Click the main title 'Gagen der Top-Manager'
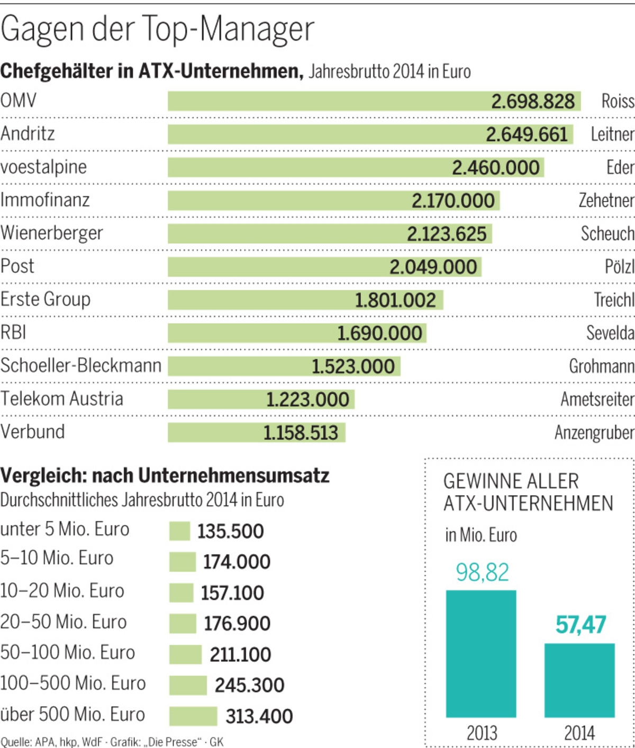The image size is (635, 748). pos(157,30)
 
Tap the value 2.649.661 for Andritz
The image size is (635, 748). pos(527,134)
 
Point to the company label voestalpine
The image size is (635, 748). pos(43,167)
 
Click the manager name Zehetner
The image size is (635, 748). pos(606,200)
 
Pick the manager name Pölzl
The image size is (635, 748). pos(619,267)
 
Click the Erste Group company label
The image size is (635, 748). pos(46,299)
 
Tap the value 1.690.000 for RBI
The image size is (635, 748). pos(379,333)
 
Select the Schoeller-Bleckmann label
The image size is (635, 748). pos(80,366)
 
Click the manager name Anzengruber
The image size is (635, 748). pos(594,433)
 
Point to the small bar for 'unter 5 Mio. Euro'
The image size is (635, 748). pos(179,531)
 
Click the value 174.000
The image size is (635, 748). pos(237,562)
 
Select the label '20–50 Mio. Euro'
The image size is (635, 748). pos(63,622)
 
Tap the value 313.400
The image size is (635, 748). pos(259,716)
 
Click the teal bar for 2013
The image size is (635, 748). pos(480,653)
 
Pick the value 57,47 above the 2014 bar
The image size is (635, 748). pos(580,625)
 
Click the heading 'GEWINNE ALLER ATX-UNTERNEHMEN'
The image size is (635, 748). pos(528,492)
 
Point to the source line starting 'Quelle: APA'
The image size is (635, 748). pos(112,742)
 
